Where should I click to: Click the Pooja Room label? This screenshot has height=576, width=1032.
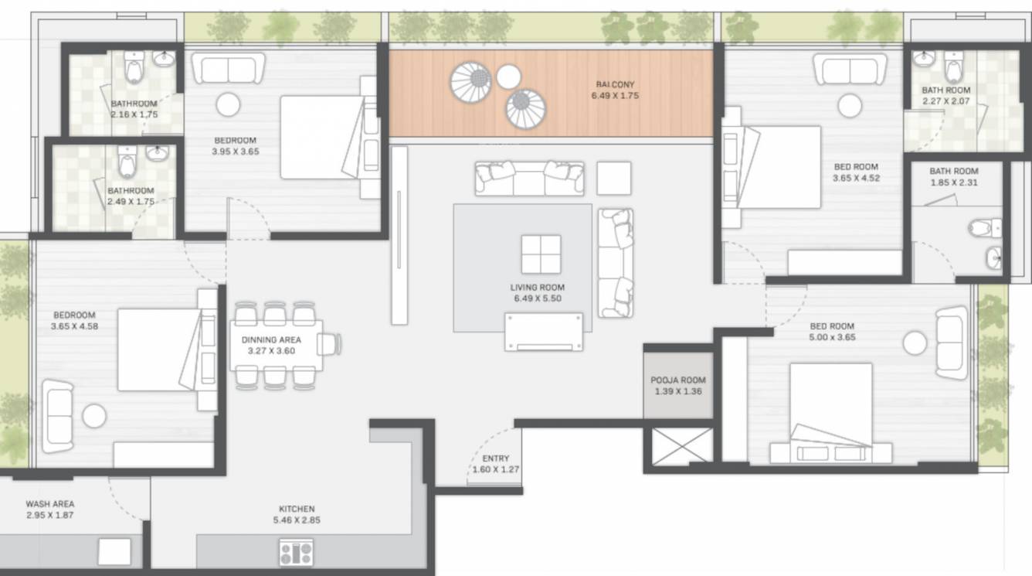(x=677, y=386)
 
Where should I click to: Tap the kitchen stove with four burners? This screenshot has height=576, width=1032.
(x=297, y=552)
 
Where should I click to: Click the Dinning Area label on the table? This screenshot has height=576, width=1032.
(x=270, y=345)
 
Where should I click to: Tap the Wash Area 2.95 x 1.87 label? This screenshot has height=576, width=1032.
(x=49, y=510)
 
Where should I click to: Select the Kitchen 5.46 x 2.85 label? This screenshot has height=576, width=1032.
(x=297, y=514)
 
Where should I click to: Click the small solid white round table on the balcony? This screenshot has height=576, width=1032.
(x=508, y=77)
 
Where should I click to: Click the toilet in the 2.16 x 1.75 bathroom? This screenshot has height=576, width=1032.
(x=134, y=68)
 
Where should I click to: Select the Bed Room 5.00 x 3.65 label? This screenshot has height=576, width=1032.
(x=831, y=332)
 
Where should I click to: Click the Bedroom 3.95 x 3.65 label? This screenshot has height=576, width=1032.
(x=236, y=146)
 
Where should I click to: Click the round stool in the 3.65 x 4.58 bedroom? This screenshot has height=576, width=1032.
(x=94, y=416)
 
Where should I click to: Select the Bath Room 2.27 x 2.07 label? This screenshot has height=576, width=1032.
(x=945, y=95)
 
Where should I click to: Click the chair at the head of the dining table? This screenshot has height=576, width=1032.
(x=332, y=344)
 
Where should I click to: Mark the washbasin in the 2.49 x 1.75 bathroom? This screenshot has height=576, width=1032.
(x=157, y=153)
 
